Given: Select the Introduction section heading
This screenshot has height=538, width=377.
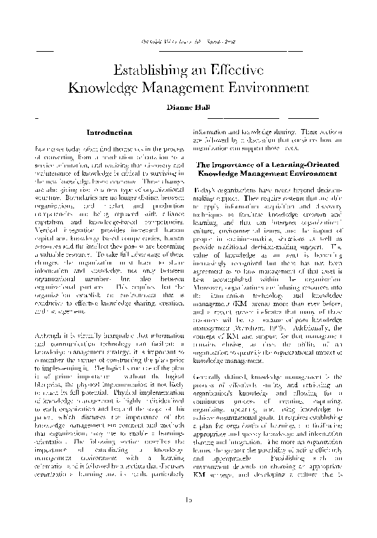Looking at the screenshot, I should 109,133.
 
